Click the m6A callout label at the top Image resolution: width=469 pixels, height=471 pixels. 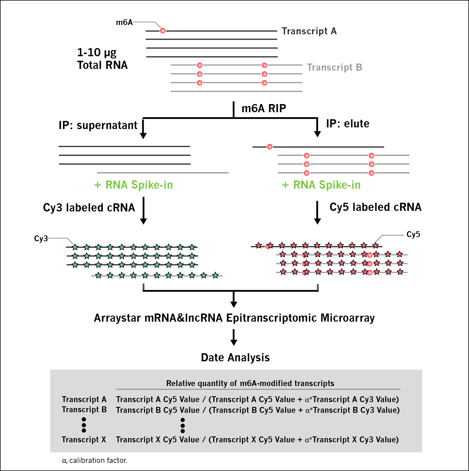(x=124, y=22)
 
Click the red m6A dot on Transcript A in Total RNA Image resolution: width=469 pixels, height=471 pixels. (x=163, y=31)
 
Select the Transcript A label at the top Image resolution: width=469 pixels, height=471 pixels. (x=309, y=31)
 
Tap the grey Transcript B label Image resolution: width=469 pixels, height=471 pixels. (x=334, y=67)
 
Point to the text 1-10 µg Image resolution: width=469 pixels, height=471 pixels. (x=97, y=53)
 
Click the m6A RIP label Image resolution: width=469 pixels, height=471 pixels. (x=264, y=108)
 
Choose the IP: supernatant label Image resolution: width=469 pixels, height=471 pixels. (x=98, y=125)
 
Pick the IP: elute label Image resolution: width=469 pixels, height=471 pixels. (x=348, y=124)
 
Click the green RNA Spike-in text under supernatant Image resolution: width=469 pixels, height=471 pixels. (x=133, y=185)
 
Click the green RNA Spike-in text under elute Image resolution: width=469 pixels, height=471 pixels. (x=321, y=185)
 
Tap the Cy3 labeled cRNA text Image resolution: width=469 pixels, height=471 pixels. (x=89, y=208)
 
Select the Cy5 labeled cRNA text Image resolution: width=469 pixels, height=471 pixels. (x=375, y=207)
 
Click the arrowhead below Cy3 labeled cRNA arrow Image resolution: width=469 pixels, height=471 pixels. (x=143, y=221)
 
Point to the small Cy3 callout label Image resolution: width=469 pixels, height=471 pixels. (x=41, y=239)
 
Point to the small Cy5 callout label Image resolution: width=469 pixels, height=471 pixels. (x=413, y=235)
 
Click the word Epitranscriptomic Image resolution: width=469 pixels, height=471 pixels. (x=272, y=318)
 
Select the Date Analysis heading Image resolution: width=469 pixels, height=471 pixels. (x=235, y=358)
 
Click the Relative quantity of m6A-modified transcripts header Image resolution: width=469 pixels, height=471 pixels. (x=250, y=384)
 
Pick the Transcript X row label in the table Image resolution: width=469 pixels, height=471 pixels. (x=84, y=440)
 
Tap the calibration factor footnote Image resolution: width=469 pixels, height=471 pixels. (x=95, y=461)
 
